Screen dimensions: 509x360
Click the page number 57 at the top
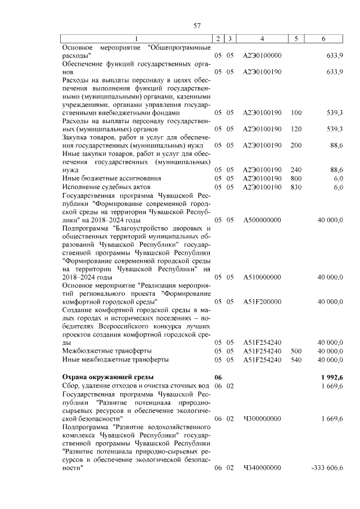[197, 25]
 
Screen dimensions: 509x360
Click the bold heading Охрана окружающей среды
[107, 376]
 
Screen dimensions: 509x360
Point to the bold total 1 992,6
[331, 376]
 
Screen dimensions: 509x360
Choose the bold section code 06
[218, 376]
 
